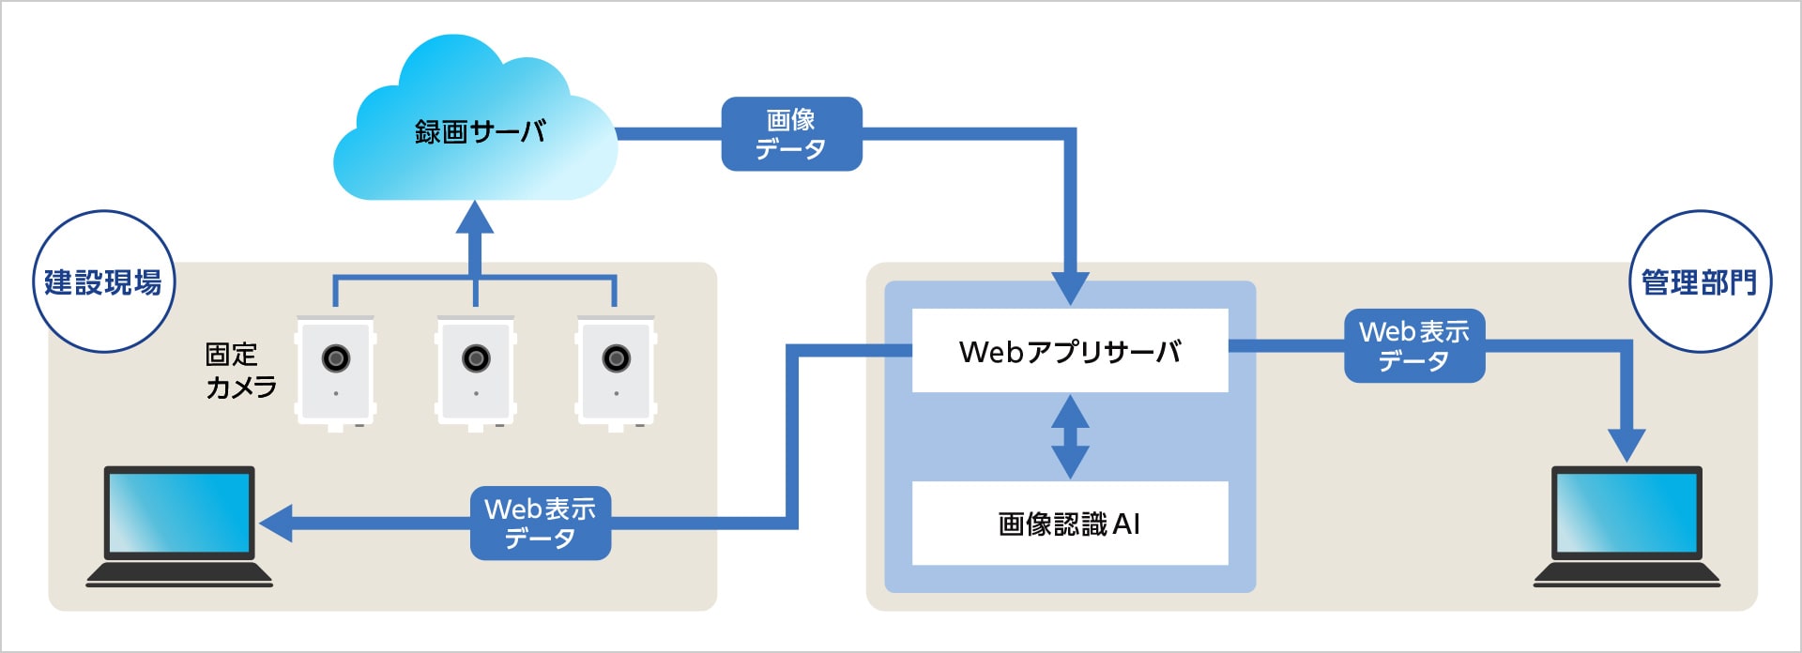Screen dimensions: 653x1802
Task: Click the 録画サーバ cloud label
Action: tap(480, 131)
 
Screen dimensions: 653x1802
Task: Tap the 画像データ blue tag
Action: tap(791, 134)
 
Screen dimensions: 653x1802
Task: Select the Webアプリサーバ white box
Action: tap(1070, 351)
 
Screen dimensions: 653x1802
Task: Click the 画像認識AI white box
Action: tap(1070, 524)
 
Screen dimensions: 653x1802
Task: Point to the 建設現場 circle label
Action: tap(103, 281)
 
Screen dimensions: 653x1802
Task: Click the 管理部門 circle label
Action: tap(1699, 281)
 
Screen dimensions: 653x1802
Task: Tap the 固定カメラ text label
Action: tap(240, 371)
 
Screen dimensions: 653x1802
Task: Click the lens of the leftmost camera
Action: tap(336, 357)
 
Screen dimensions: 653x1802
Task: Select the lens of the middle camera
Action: tap(476, 357)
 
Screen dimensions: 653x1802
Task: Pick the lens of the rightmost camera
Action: tap(616, 357)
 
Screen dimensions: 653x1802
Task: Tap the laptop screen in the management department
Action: tap(1626, 512)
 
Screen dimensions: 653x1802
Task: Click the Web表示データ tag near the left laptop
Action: tap(541, 524)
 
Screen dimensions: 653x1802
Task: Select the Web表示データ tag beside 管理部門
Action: tap(1414, 346)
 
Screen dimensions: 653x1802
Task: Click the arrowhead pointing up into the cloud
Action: tap(475, 219)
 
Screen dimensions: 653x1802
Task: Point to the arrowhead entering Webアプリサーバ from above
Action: tap(1070, 287)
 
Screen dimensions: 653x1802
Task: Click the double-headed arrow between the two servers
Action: tap(1070, 437)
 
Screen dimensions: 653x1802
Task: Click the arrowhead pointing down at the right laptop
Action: tap(1626, 445)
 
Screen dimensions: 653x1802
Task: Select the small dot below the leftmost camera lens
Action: tap(336, 393)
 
